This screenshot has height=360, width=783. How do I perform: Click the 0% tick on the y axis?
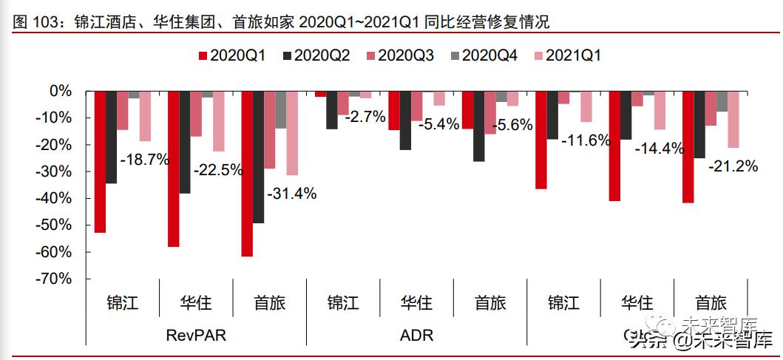coord(59,91)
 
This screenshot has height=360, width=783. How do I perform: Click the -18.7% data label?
coord(145,158)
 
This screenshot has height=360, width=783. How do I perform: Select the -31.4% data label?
coord(291,194)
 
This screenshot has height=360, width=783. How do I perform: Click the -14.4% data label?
coord(660,148)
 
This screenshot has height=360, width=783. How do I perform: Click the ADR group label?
coord(416,335)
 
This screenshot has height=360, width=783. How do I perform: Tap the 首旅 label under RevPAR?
coord(269,302)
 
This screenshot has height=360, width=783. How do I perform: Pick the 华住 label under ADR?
coord(416,302)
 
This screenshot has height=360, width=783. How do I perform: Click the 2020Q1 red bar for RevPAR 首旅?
coord(247,174)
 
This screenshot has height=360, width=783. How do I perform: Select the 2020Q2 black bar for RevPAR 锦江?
coord(112,137)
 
